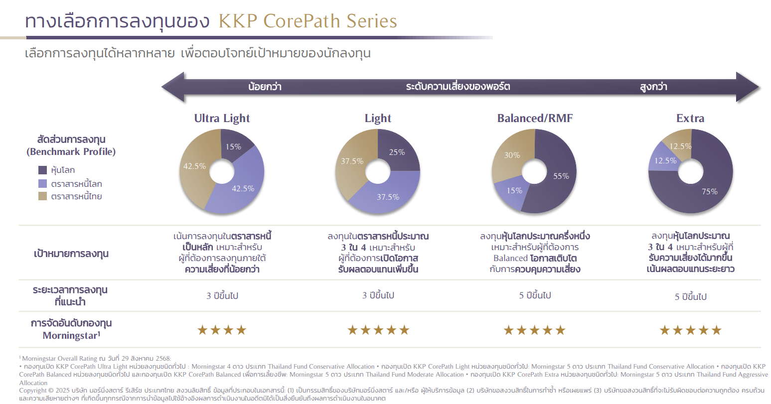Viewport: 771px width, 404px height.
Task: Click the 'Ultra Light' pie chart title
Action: pyautogui.click(x=222, y=118)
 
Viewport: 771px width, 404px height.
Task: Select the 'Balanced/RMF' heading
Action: pyautogui.click(x=535, y=118)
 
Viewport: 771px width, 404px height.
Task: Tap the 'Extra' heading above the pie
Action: pyautogui.click(x=690, y=118)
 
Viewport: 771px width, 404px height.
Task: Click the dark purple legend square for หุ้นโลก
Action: pyautogui.click(x=42, y=170)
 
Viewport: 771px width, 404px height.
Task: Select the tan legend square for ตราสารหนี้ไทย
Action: pyautogui.click(x=42, y=196)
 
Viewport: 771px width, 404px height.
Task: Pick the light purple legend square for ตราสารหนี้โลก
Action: pyautogui.click(x=42, y=183)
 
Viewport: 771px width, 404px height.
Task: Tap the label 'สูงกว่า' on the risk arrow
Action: pyautogui.click(x=653, y=87)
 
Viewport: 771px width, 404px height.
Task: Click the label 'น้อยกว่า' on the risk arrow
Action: pyautogui.click(x=265, y=87)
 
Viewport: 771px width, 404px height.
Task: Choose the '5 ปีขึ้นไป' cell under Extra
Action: pyautogui.click(x=690, y=296)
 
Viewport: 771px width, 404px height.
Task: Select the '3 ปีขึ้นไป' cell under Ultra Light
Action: pyautogui.click(x=222, y=296)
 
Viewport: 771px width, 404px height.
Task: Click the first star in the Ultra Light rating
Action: pyautogui.click(x=202, y=330)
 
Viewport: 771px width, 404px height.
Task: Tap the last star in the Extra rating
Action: pyautogui.click(x=716, y=330)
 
